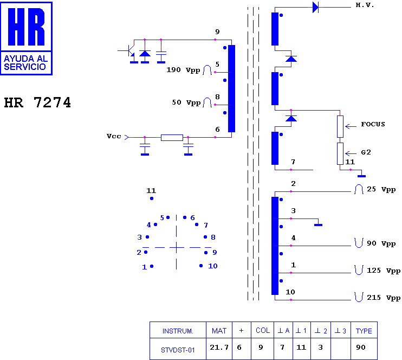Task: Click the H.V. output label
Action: [x=365, y=5]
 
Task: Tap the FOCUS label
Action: [x=373, y=125]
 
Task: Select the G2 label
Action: [x=366, y=152]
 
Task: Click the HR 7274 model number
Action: [x=37, y=102]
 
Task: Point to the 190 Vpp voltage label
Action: [x=183, y=70]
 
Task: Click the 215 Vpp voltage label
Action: [x=384, y=298]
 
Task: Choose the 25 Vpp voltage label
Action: [x=381, y=189]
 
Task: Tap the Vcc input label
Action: [x=114, y=136]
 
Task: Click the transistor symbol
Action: [x=130, y=51]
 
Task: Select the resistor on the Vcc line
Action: [x=172, y=138]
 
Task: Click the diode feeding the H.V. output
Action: [x=316, y=7]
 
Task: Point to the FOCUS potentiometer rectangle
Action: [x=340, y=126]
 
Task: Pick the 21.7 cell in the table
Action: [x=219, y=348]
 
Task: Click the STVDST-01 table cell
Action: [x=178, y=350]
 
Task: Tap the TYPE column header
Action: [x=364, y=331]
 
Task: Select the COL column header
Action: [x=263, y=331]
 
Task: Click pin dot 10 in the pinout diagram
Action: [x=201, y=266]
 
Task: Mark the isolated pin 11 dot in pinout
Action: [x=152, y=198]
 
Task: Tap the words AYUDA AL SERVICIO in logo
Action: [x=25, y=62]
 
